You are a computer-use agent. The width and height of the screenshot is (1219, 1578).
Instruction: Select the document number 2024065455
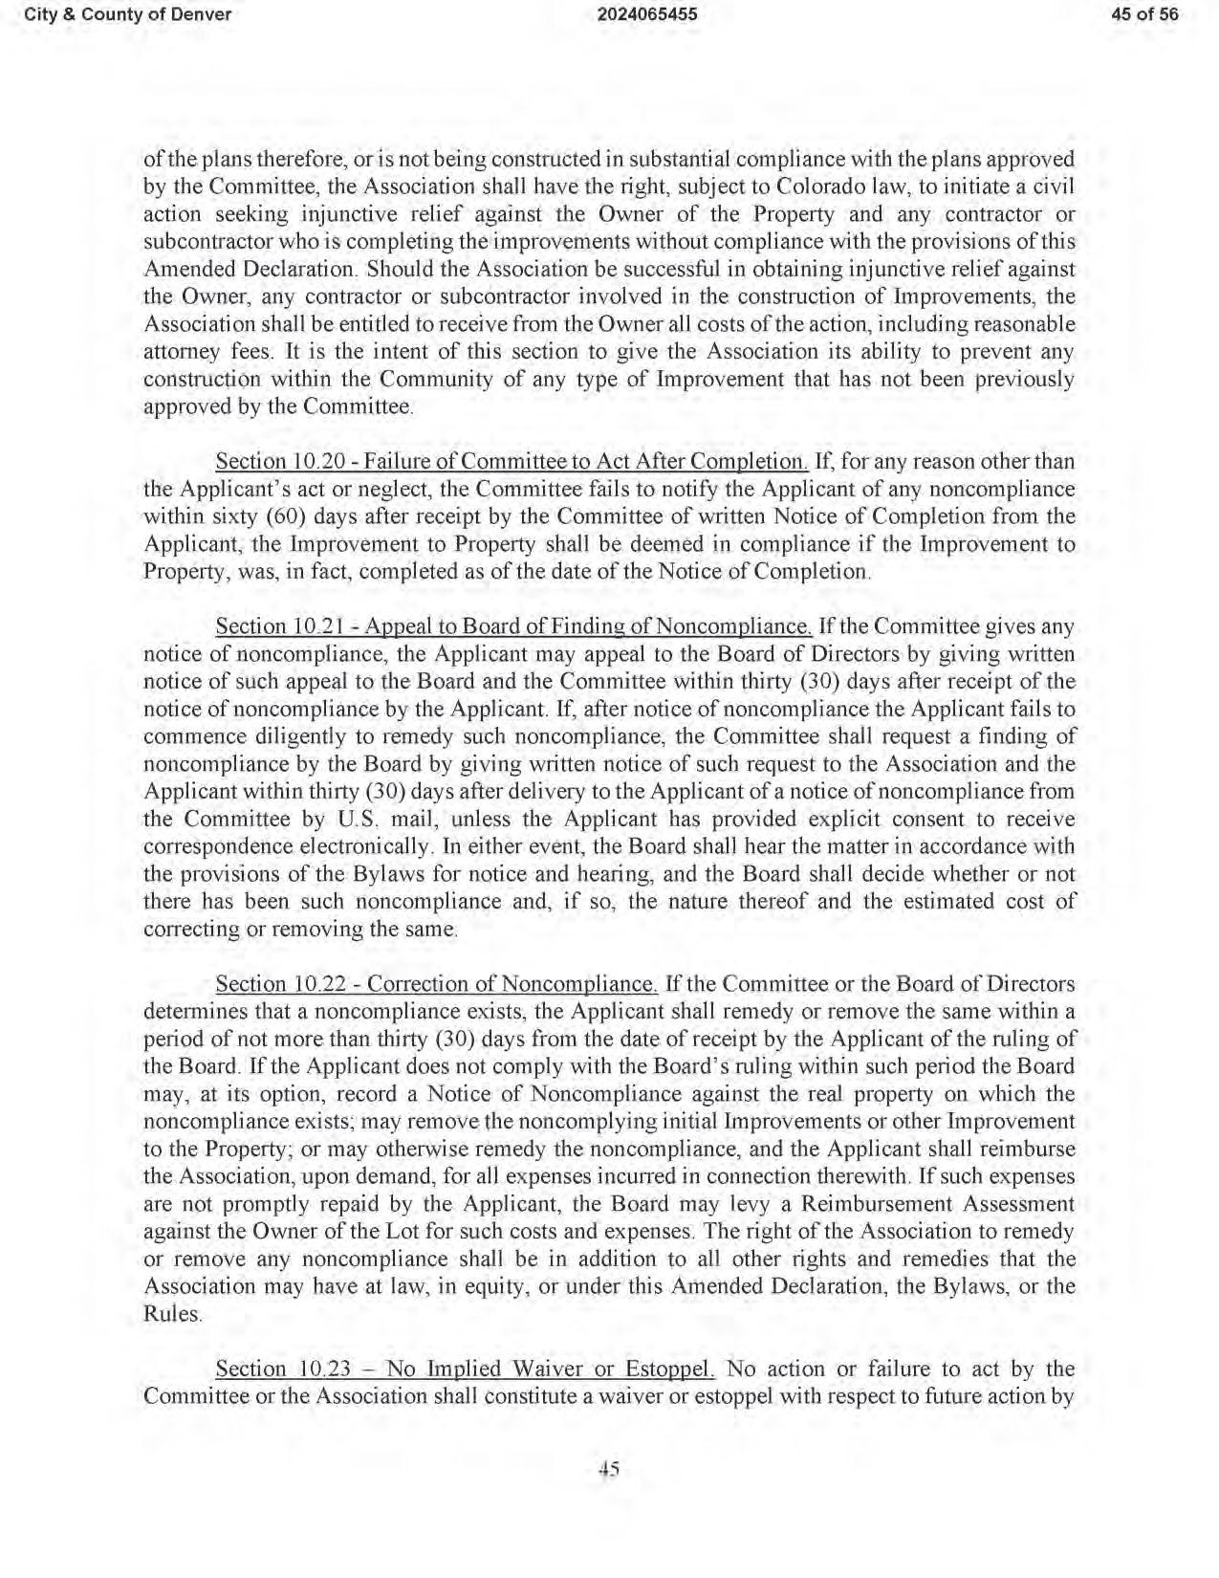click(x=608, y=14)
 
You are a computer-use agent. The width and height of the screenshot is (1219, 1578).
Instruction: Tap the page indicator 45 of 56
click(x=1144, y=14)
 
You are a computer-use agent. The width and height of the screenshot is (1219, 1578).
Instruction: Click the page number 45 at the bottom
click(x=609, y=1470)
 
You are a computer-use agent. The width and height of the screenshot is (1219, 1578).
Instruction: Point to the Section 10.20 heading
click(x=512, y=461)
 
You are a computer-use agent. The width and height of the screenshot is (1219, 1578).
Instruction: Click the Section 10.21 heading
click(x=513, y=627)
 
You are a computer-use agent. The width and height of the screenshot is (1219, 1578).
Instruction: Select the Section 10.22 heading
click(x=436, y=984)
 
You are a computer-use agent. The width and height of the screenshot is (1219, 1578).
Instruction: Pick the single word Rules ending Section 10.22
click(x=172, y=1314)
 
